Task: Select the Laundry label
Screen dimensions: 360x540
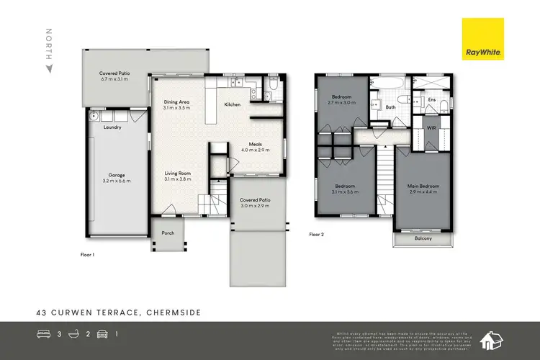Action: [112, 127]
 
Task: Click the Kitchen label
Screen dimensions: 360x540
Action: [233, 105]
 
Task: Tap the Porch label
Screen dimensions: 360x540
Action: [168, 233]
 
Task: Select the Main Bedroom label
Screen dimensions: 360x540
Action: [424, 186]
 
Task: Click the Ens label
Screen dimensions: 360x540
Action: [431, 99]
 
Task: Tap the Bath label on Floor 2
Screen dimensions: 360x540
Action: [391, 108]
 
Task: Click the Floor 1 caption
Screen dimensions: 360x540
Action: [89, 255]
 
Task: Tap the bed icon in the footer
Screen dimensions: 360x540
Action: [42, 335]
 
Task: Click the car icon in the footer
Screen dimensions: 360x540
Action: [102, 335]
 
